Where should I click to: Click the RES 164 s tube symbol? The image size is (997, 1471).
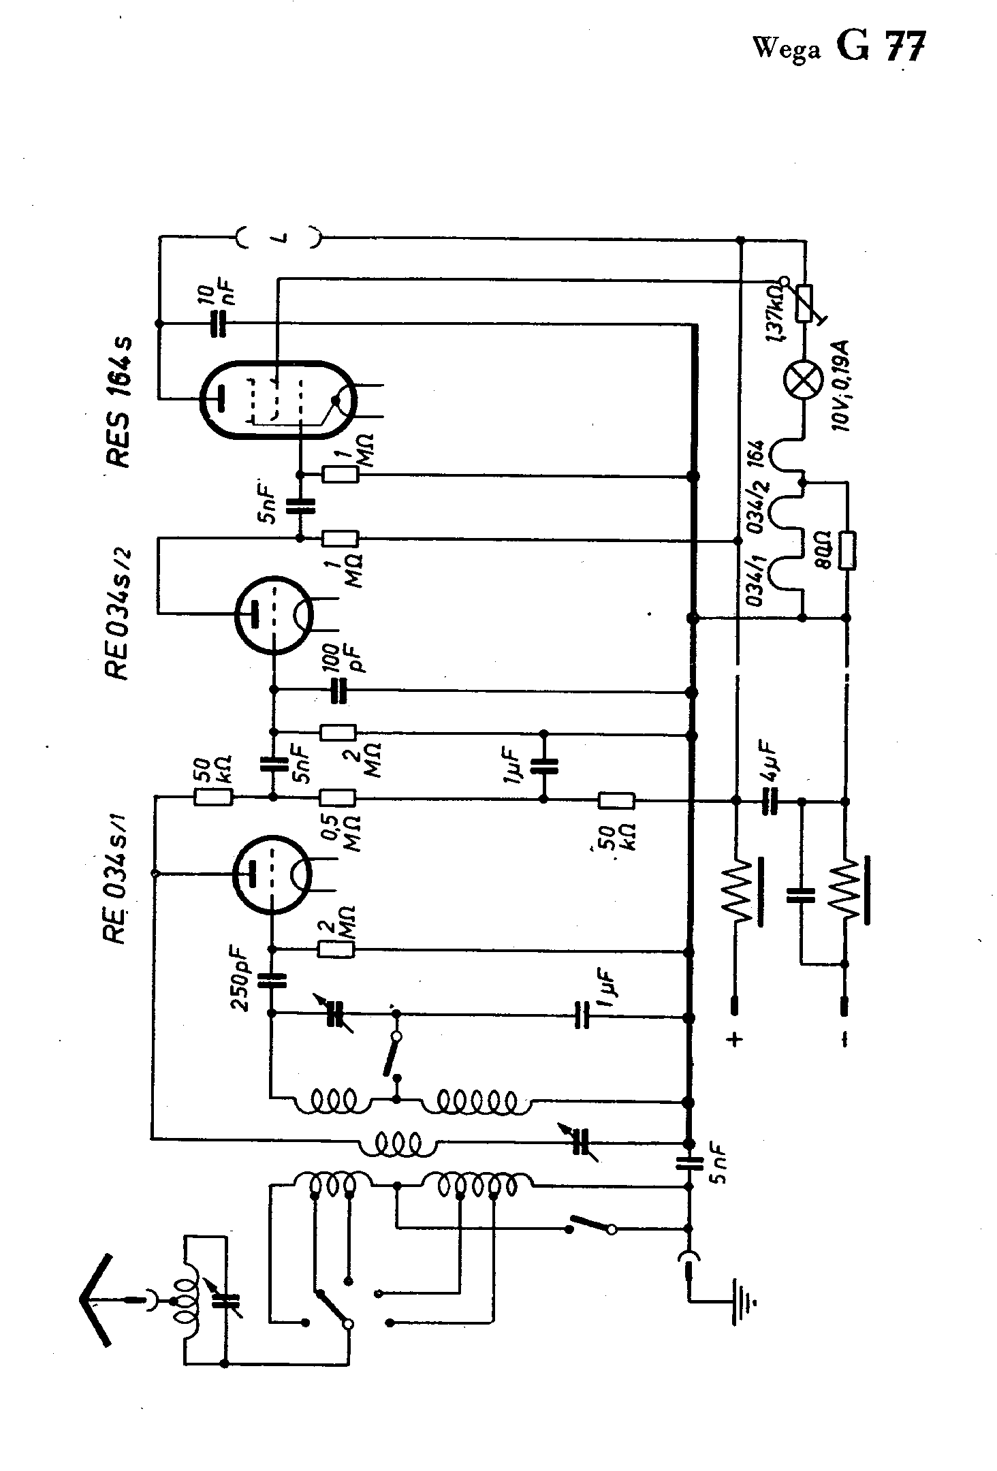point(279,400)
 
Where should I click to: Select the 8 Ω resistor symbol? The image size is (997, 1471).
point(848,550)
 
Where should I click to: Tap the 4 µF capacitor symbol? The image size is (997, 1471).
point(770,801)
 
